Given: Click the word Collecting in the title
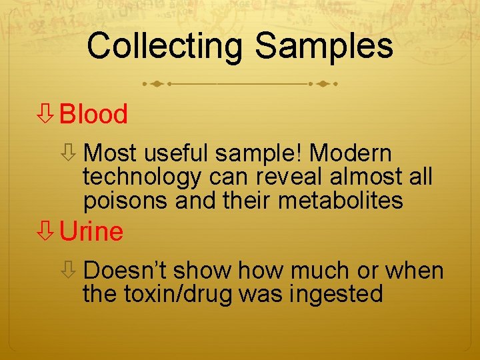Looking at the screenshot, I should tap(166, 47).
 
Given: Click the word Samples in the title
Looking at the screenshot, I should tap(324, 47).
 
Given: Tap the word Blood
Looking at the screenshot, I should tap(93, 115).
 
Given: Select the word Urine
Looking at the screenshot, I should tap(91, 232).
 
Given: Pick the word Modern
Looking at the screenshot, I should tap(351, 154).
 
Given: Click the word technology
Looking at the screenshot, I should tap(142, 177).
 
